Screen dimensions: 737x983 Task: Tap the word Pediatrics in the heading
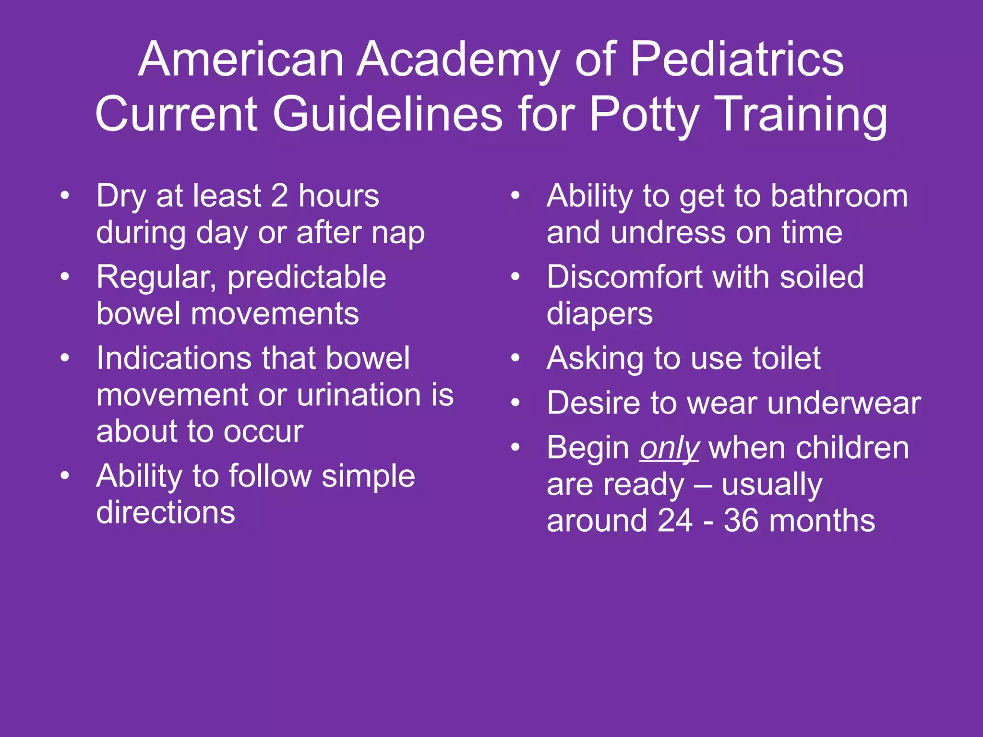point(736,59)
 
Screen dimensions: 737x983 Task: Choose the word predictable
point(306,278)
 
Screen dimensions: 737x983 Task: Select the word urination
point(357,395)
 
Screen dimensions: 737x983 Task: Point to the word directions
point(166,512)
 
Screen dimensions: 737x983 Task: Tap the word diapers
point(599,315)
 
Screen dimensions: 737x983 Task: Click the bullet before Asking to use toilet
point(515,358)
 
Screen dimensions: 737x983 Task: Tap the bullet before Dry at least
point(65,196)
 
